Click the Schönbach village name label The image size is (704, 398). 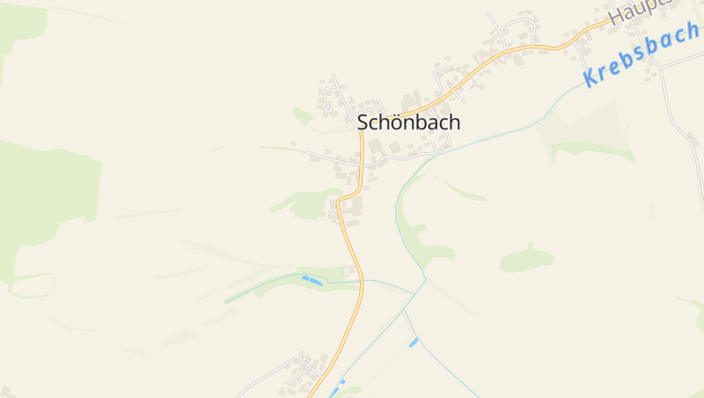408,123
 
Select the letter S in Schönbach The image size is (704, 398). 363,123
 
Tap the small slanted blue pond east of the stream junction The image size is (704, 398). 414,342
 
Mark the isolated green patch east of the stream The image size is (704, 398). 526,259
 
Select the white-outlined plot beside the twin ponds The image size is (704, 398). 348,273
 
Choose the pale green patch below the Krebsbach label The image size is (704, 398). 590,141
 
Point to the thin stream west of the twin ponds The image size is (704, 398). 264,287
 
